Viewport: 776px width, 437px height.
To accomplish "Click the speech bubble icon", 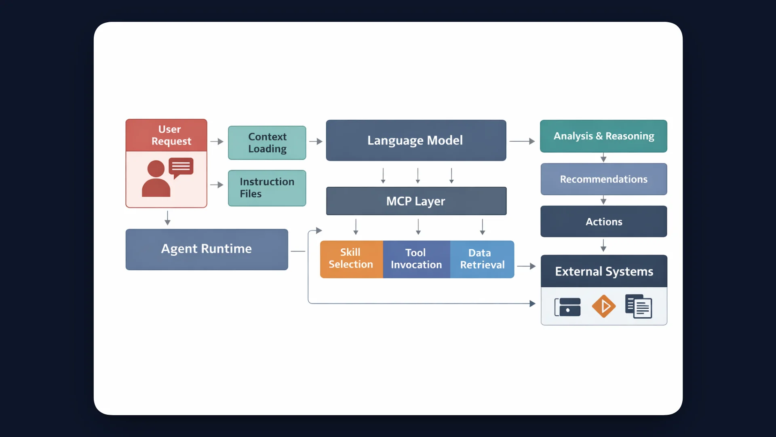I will (x=181, y=167).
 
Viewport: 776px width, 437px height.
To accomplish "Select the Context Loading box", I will (x=267, y=143).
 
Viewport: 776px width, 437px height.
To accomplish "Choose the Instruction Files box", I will (x=267, y=188).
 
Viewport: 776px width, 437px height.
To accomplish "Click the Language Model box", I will (x=415, y=140).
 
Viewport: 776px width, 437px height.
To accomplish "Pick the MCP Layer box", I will (x=415, y=201).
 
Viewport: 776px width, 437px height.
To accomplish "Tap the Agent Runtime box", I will (x=207, y=249).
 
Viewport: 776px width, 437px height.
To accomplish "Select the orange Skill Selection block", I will (x=351, y=259).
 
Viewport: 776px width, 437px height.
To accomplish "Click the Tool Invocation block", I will (x=416, y=259).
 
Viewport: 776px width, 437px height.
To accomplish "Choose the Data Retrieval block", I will (x=482, y=259).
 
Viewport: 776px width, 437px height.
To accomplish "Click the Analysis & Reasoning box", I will (x=603, y=136).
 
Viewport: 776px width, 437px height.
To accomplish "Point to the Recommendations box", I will (x=603, y=179).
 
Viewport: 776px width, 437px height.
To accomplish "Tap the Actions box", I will (x=603, y=222).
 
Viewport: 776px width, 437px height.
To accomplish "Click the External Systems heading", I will (x=603, y=272).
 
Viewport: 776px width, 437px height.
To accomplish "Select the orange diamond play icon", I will (x=603, y=306).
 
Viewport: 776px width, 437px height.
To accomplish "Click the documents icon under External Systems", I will (x=639, y=306).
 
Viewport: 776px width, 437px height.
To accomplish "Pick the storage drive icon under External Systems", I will (x=567, y=307).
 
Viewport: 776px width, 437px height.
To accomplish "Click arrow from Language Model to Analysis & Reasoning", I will (x=522, y=141).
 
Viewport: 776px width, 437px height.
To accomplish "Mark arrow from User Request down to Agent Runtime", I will (x=167, y=218).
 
